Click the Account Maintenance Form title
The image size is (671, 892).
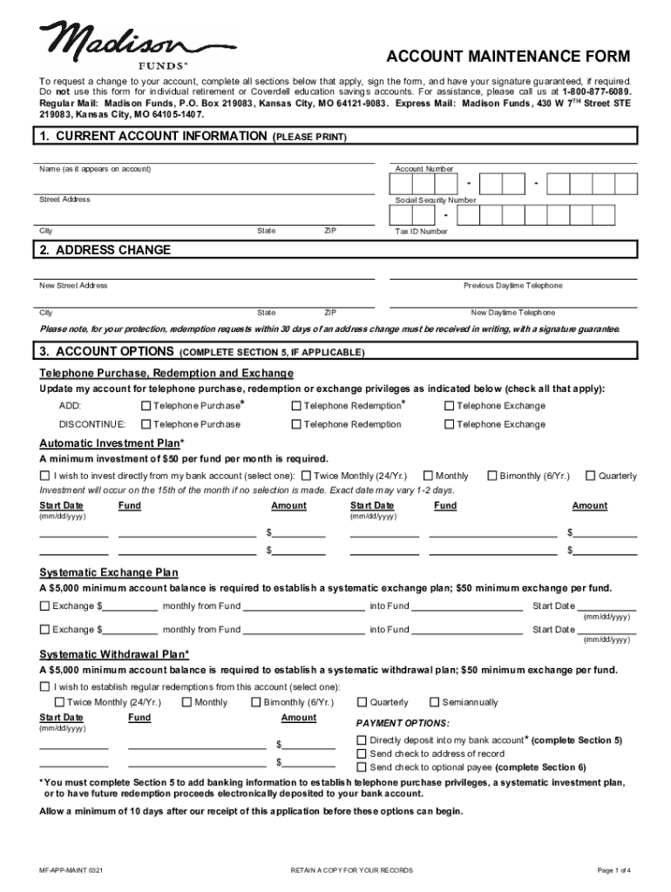pos(508,57)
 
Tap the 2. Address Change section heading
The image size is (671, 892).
pos(105,251)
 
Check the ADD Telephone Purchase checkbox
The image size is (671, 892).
pos(146,406)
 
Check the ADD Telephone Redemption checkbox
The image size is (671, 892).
pos(296,406)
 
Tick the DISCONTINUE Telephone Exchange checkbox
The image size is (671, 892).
pos(450,424)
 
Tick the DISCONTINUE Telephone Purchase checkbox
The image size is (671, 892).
pos(146,424)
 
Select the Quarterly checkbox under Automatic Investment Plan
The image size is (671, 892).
pos(591,476)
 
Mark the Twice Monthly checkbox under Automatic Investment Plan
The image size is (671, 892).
pos(306,476)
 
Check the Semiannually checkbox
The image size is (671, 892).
pos(435,702)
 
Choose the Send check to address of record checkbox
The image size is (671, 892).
pos(363,753)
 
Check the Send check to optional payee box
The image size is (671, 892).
pos(363,767)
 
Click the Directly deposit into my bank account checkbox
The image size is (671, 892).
pos(363,740)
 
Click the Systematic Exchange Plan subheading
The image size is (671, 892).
pos(109,572)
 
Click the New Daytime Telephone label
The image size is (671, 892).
pos(512,313)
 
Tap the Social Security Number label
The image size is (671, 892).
pos(436,200)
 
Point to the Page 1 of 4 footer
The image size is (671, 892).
pos(613,870)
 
